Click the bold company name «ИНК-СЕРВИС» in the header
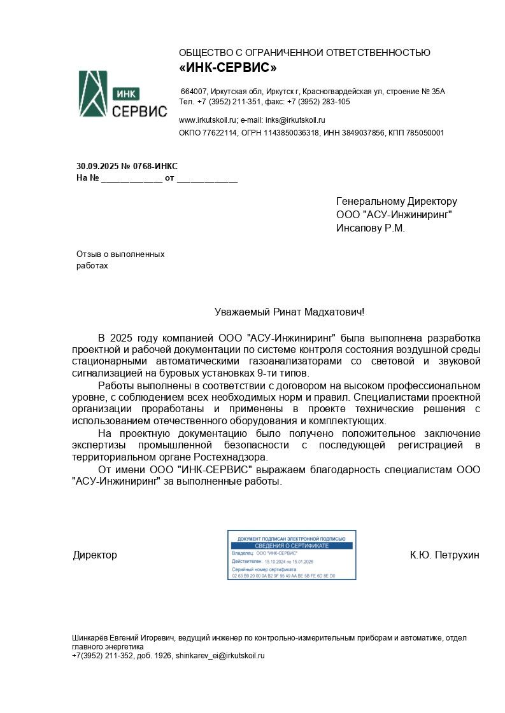(x=228, y=67)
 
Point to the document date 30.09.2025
(x=97, y=166)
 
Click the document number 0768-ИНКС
(x=155, y=166)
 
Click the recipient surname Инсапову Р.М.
(x=371, y=228)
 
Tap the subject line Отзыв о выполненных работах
(x=120, y=260)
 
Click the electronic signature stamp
(x=292, y=555)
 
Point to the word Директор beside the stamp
(x=95, y=555)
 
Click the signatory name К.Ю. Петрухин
(x=445, y=555)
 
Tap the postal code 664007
(x=194, y=92)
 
